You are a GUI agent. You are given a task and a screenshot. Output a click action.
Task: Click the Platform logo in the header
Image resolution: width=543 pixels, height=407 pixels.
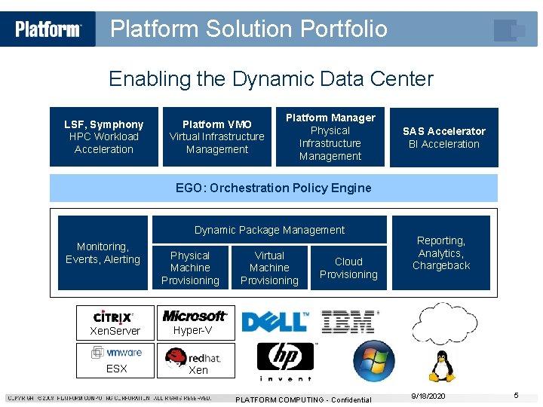tap(48, 29)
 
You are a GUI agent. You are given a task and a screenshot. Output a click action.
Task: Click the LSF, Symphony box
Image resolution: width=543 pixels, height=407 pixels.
tap(104, 136)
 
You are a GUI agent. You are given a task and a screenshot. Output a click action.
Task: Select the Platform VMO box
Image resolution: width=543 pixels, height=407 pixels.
tap(217, 136)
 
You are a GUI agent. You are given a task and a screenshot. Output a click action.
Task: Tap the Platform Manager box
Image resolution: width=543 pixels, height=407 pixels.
tap(330, 136)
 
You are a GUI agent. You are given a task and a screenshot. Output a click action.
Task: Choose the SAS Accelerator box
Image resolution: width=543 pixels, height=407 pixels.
tap(443, 137)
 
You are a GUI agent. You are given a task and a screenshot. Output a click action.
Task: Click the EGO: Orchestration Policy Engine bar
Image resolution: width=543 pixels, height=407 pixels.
tap(273, 188)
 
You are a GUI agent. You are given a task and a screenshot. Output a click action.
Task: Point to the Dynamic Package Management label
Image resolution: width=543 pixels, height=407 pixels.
tap(269, 230)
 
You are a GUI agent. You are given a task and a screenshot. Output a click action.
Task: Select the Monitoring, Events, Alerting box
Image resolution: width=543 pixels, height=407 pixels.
tap(103, 253)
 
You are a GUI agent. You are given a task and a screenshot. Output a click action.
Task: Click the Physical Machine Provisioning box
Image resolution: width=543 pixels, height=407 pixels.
tap(190, 268)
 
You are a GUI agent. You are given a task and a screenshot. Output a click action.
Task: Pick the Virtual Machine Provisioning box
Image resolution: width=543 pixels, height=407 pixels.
tap(269, 268)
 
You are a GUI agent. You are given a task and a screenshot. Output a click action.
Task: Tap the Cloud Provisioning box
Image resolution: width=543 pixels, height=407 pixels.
tap(348, 268)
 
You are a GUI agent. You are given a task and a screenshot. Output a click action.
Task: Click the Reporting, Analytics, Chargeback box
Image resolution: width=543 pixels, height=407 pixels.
tap(441, 253)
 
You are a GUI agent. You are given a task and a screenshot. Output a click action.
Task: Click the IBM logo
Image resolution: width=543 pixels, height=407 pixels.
tap(348, 322)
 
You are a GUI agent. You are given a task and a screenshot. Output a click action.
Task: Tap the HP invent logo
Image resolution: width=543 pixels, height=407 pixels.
tap(284, 361)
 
